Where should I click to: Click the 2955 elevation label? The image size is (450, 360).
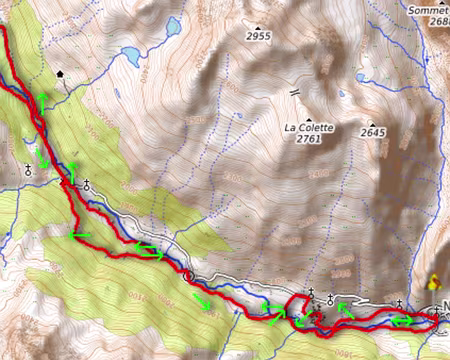point(258,36)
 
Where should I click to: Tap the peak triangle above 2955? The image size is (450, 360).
point(258,26)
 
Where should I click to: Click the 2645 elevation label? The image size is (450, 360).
point(373,132)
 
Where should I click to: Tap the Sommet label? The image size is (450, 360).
point(428,10)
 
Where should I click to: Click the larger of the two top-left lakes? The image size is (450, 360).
point(130,56)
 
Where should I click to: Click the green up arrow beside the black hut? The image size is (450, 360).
point(43,97)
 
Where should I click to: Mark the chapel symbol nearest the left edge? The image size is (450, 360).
point(28,171)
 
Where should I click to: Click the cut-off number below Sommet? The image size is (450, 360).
point(437,25)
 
